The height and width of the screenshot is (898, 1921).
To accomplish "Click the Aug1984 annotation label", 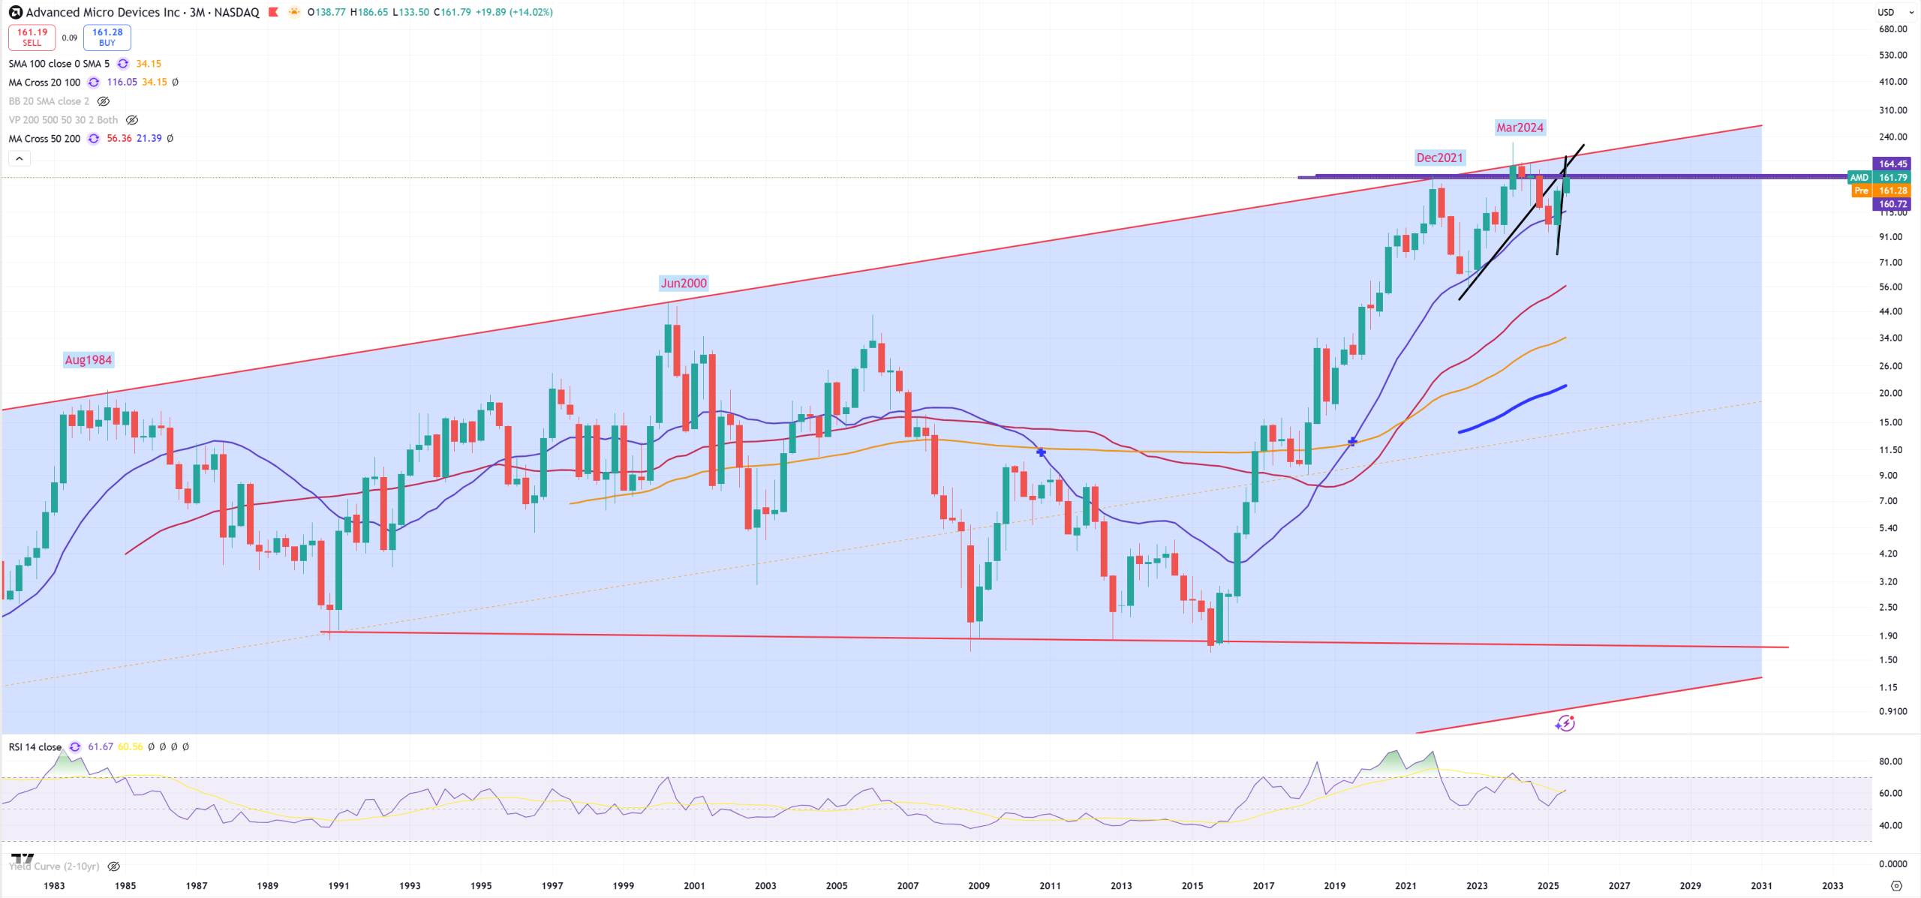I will click(x=88, y=360).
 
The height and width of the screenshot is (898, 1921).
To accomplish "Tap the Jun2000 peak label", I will click(x=683, y=284).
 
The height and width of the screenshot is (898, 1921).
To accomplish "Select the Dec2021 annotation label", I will click(x=1439, y=158).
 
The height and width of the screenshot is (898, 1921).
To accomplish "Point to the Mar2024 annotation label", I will click(x=1520, y=128).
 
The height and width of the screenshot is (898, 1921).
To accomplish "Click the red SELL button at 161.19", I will click(x=32, y=38).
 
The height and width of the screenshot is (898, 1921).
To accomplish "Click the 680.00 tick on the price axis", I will click(x=1892, y=29).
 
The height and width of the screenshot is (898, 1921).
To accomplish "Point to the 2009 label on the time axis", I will click(x=979, y=886).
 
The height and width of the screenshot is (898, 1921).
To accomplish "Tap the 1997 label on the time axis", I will click(x=552, y=886).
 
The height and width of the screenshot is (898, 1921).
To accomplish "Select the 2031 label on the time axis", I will click(x=1761, y=886).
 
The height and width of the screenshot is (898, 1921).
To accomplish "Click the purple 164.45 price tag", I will click(x=1892, y=164).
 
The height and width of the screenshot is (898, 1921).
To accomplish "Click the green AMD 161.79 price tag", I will click(x=1884, y=178).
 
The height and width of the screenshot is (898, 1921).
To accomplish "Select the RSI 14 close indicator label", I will click(x=35, y=747).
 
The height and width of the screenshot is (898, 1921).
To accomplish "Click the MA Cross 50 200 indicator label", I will click(x=44, y=139).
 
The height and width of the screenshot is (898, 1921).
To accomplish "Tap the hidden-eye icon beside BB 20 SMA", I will click(x=104, y=101).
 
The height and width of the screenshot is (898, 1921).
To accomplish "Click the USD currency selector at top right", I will click(x=1890, y=12).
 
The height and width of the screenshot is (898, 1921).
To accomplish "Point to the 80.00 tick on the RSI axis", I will click(x=1890, y=761).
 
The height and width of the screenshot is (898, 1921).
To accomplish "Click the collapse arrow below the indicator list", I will click(x=20, y=158).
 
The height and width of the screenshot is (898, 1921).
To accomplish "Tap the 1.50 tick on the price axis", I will click(x=1888, y=660).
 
